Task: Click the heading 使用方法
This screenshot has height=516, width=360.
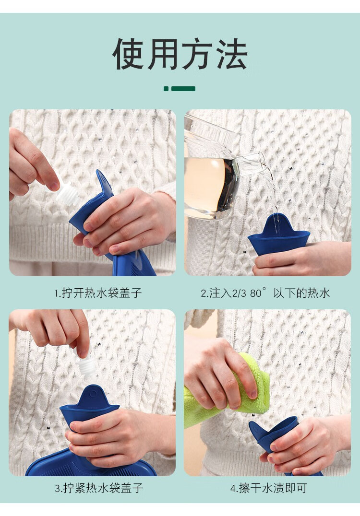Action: click(180, 54)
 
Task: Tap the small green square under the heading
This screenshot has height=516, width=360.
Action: click(166, 89)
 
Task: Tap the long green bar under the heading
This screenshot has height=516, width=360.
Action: click(183, 89)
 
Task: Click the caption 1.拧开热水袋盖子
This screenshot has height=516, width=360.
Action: click(98, 293)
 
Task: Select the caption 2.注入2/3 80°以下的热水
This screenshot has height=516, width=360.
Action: click(265, 293)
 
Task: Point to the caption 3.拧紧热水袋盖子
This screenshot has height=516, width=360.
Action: click(99, 488)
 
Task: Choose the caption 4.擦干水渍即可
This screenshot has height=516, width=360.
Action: click(268, 488)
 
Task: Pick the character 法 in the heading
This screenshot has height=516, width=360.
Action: click(232, 54)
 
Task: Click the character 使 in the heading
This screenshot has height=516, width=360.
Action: click(129, 54)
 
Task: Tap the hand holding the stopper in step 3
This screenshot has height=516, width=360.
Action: click(53, 329)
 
